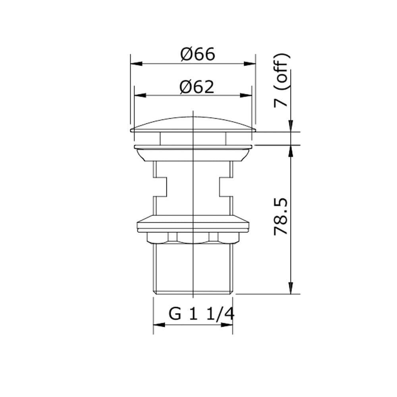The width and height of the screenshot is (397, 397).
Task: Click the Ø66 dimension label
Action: point(198,54)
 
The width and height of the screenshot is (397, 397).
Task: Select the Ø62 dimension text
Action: point(197,87)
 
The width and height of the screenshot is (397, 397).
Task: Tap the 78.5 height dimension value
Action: point(281,217)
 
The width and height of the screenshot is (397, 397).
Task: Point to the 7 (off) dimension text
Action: point(281,80)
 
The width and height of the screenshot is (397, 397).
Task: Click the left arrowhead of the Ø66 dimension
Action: point(136,64)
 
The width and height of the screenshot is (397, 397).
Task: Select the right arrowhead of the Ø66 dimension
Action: point(250,64)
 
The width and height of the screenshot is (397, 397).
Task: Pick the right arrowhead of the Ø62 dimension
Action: point(246,95)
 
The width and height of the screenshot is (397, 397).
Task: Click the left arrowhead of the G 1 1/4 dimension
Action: point(159,325)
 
